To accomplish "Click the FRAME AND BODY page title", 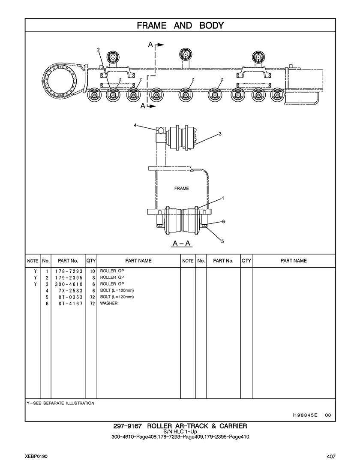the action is pos(180,26).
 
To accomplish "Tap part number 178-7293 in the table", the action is pos(69,271).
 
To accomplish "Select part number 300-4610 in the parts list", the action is pos(69,284).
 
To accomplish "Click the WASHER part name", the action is pos(109,303).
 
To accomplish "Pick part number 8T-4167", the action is pos(71,304).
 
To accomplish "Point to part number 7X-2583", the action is pos(71,291).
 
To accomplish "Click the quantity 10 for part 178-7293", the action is pos(92,271).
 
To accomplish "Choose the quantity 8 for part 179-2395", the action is pos(93,277).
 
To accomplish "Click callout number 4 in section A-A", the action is pos(135,125).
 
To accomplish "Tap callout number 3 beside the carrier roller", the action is pos(220,134).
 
